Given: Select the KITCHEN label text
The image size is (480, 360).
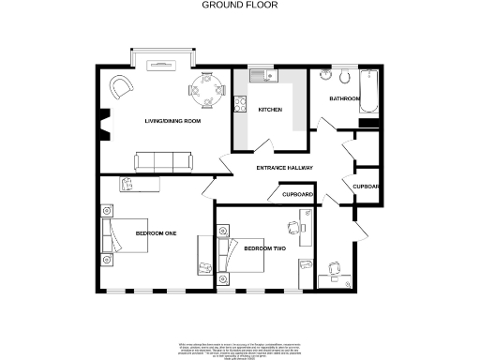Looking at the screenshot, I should point(270,110).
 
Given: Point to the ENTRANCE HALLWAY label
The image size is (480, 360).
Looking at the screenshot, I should point(284,168).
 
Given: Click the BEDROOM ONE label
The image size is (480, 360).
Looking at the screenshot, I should point(156,232).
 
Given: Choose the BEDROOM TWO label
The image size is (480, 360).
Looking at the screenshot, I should point(263,248).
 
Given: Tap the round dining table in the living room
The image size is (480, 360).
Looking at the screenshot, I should point(207,91).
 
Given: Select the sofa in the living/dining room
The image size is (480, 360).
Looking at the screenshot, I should point(164,162).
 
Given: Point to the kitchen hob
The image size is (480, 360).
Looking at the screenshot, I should point(241,110).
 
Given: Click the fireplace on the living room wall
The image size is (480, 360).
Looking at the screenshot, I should point(102,122).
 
